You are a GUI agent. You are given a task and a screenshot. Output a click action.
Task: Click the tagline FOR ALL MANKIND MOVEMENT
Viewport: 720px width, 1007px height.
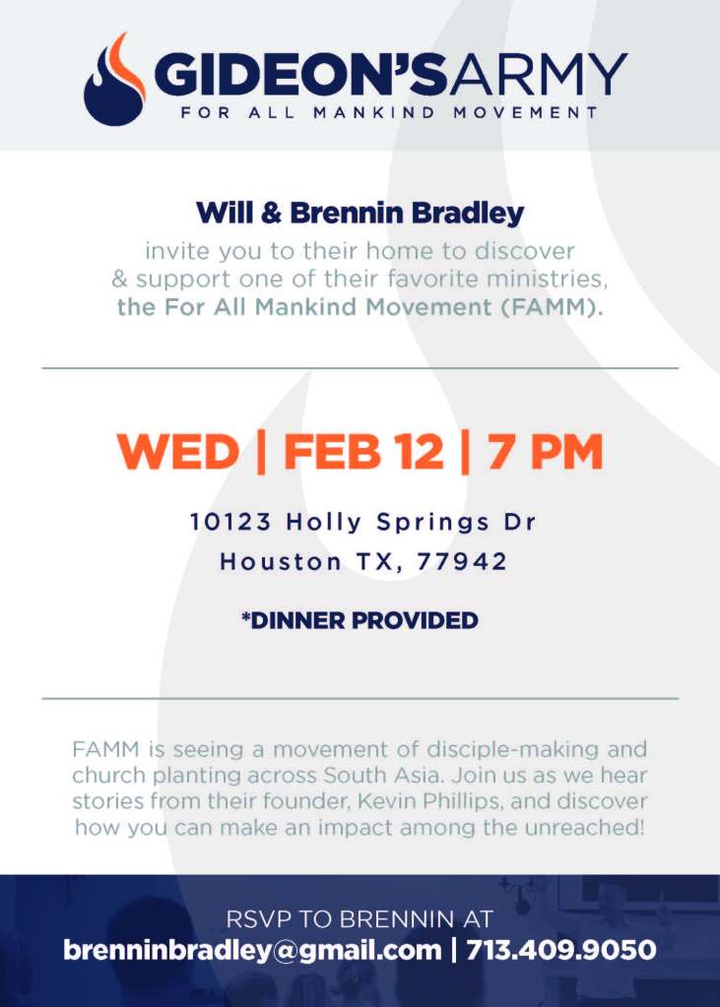[390, 112]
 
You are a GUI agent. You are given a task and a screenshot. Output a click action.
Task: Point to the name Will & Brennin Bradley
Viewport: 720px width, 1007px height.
[360, 213]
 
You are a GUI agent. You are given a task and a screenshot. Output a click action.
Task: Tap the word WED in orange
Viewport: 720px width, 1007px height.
[178, 452]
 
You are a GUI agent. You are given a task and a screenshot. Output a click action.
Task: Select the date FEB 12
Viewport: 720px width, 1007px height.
[363, 452]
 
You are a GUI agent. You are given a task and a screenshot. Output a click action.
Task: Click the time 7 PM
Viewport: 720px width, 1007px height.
[545, 452]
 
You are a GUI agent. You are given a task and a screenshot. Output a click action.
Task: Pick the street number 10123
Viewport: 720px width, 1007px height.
[230, 521]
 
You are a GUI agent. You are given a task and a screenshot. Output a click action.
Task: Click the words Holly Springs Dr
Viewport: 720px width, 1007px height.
[411, 522]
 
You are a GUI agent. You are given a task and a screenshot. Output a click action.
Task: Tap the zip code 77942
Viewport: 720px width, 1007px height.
[462, 561]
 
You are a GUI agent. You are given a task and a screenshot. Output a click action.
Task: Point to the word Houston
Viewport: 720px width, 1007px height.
[281, 561]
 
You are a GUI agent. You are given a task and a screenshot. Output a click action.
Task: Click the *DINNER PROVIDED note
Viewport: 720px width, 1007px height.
[360, 620]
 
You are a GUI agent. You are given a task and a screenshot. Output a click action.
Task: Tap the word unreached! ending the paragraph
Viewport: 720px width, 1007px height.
[584, 827]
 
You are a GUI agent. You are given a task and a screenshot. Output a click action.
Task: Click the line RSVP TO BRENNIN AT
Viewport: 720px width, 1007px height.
[360, 919]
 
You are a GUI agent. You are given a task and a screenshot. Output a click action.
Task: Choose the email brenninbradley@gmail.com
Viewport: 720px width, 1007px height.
[253, 950]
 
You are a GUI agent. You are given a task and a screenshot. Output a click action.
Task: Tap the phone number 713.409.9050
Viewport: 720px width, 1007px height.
[561, 950]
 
